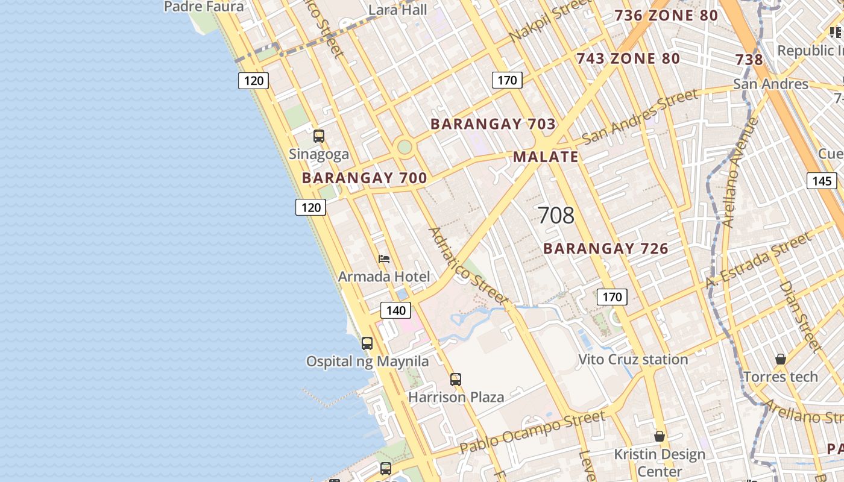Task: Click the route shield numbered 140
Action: click(x=395, y=310)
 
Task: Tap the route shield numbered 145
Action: click(x=822, y=181)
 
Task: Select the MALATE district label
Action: click(x=546, y=157)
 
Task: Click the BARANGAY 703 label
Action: click(x=493, y=124)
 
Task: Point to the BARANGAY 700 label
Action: click(x=364, y=178)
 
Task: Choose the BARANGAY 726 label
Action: click(x=606, y=248)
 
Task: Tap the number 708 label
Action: click(x=556, y=215)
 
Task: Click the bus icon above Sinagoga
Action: click(x=319, y=136)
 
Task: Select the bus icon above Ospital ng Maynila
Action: click(x=367, y=343)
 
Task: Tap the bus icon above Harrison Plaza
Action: click(x=456, y=380)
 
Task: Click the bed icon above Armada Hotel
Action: click(x=384, y=259)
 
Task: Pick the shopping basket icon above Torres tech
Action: click(x=781, y=359)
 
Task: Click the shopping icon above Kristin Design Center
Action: click(x=660, y=436)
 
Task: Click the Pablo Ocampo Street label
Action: click(x=532, y=432)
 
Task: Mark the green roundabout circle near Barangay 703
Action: click(x=405, y=146)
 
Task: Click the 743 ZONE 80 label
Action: click(x=628, y=58)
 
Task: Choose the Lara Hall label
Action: click(x=398, y=10)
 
